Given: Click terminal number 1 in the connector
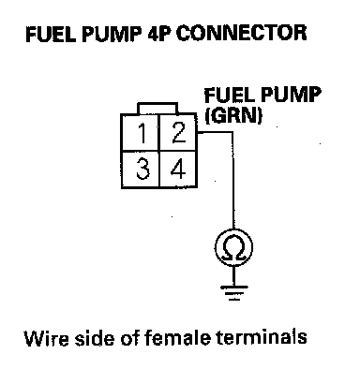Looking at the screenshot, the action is tap(141, 133).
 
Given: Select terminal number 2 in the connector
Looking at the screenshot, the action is tap(178, 133).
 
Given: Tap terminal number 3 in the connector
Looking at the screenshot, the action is tap(141, 170).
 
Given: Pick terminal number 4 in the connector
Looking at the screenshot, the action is tap(178, 170).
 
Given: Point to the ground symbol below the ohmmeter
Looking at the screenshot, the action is tap(233, 293).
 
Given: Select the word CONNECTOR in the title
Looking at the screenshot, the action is tap(241, 33).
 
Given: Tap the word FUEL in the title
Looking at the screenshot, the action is tap(51, 34).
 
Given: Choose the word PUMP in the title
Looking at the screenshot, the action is tap(112, 34).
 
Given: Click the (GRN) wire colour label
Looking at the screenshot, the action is tap(232, 116).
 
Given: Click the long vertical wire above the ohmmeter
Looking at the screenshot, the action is tap(232, 181).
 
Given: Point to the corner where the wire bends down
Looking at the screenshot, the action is tap(232, 132).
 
